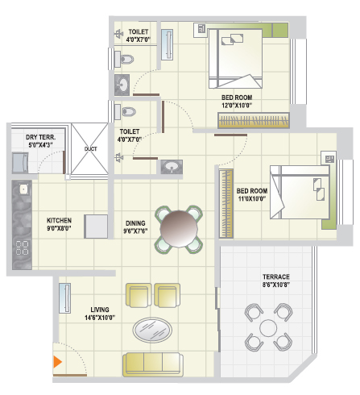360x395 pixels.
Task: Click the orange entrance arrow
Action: (x=57, y=362)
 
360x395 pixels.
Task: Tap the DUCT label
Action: (x=90, y=149)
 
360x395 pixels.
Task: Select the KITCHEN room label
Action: (x=59, y=221)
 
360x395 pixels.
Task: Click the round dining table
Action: (x=179, y=229)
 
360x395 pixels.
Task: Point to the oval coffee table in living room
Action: (x=152, y=330)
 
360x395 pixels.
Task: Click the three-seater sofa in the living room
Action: (x=153, y=364)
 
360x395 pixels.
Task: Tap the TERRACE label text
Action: (x=276, y=276)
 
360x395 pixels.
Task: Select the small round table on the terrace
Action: (x=268, y=328)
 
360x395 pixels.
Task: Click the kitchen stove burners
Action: (x=23, y=247)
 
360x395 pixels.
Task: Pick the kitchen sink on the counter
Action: (x=24, y=189)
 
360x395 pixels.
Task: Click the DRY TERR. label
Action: (x=41, y=137)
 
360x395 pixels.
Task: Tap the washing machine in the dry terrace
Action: (x=20, y=163)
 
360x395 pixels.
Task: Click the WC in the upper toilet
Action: (x=123, y=59)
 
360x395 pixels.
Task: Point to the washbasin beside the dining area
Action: (x=172, y=167)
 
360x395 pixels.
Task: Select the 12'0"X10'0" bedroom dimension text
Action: (x=237, y=106)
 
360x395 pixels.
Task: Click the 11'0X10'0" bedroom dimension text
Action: (x=252, y=199)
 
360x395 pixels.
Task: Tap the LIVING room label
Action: (x=100, y=310)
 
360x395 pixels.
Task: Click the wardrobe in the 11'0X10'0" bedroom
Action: (x=226, y=203)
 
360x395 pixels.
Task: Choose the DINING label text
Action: (x=135, y=223)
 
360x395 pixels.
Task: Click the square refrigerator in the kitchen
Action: (x=96, y=227)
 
